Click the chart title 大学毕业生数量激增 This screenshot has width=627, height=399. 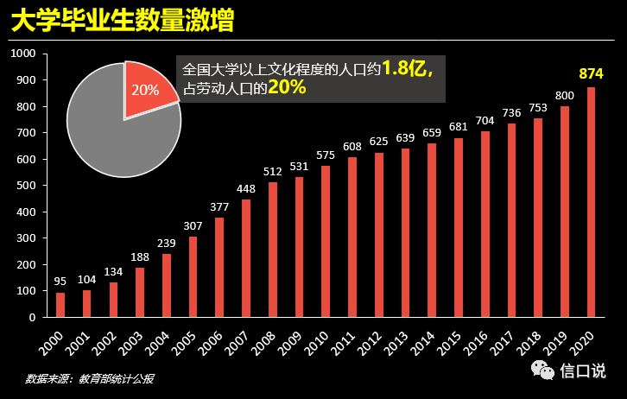pyautogui.click(x=121, y=21)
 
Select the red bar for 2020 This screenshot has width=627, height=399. pyautogui.click(x=591, y=202)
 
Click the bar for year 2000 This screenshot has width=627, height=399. pyautogui.click(x=60, y=305)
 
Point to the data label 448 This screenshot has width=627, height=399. pyautogui.click(x=245, y=189)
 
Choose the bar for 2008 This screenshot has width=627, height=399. pyautogui.click(x=273, y=250)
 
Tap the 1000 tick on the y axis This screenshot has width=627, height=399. pyautogui.click(x=22, y=54)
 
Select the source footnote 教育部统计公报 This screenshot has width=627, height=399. pyautogui.click(x=116, y=378)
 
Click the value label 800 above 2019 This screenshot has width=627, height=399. pyautogui.click(x=565, y=95)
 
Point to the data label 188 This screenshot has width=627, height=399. pyautogui.click(x=140, y=257)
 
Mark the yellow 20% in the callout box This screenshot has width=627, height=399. pyautogui.click(x=286, y=88)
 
